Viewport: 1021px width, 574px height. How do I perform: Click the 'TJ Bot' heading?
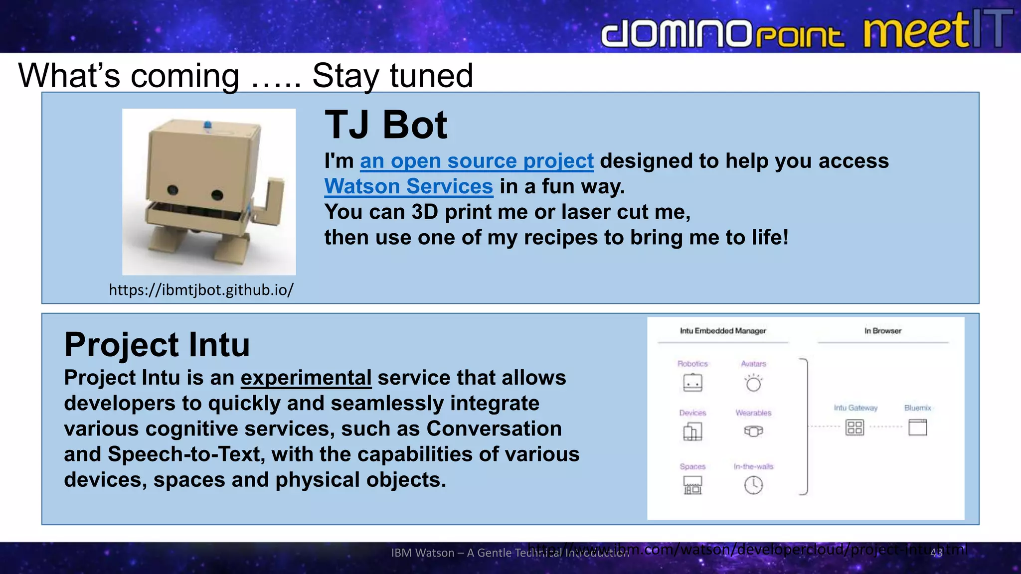click(x=386, y=125)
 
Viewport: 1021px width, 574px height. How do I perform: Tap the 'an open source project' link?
click(x=477, y=161)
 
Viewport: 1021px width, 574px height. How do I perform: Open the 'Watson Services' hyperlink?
click(x=408, y=186)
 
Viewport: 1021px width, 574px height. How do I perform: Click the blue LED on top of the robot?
click(x=207, y=125)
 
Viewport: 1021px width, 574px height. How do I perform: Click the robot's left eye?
click(x=172, y=190)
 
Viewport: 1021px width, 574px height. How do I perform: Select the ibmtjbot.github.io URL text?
click(x=201, y=289)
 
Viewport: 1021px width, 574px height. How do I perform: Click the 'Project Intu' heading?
click(x=157, y=344)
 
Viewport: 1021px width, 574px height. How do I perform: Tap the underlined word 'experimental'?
click(x=306, y=378)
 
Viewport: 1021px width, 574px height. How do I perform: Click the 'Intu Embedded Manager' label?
click(x=723, y=331)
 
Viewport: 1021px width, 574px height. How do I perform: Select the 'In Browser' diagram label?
click(x=882, y=331)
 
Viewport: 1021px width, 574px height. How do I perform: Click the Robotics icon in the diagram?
click(x=692, y=383)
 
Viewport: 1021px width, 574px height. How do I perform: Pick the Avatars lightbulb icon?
click(x=753, y=383)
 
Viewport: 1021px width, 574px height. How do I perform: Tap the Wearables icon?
click(x=753, y=431)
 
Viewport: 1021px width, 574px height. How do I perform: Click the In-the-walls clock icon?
click(x=753, y=485)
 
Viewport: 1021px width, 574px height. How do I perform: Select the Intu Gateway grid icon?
click(x=854, y=428)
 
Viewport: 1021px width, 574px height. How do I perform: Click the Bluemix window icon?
click(x=917, y=428)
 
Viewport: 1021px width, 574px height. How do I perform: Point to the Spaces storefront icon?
click(x=692, y=485)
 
